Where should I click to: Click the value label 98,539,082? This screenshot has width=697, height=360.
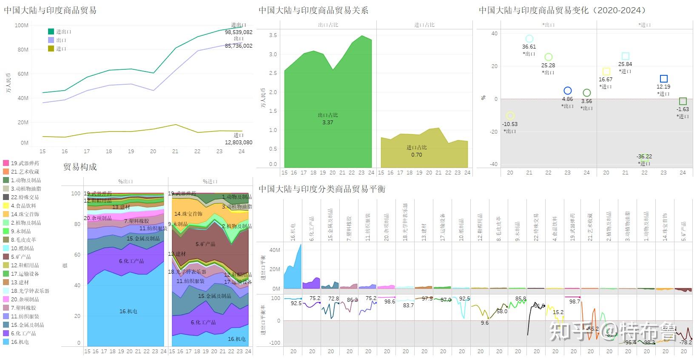point(239,32)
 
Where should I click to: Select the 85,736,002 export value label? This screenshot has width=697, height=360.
point(239,46)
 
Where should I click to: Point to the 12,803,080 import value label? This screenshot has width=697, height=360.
point(239,143)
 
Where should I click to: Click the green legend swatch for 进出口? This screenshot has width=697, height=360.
point(51,31)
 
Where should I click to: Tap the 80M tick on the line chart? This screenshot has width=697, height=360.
point(22,49)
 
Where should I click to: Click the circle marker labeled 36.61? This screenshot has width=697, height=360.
point(529,39)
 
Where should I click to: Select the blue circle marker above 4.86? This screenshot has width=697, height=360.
point(567,91)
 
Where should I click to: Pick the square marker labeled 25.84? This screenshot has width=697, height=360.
point(625,56)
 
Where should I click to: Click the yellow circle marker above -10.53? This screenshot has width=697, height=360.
point(510,116)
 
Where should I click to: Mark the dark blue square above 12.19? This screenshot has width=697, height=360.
point(663,79)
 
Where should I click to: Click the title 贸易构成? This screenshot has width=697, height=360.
point(80,167)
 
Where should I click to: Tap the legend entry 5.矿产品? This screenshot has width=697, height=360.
point(22,257)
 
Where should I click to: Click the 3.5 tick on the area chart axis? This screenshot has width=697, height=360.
point(273,35)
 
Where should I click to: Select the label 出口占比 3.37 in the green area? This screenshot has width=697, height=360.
point(327,119)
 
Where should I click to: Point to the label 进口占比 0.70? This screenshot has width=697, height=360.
point(416,151)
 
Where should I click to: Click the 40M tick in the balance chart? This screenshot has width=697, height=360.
point(275,250)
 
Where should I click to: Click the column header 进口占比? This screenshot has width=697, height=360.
point(424,25)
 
